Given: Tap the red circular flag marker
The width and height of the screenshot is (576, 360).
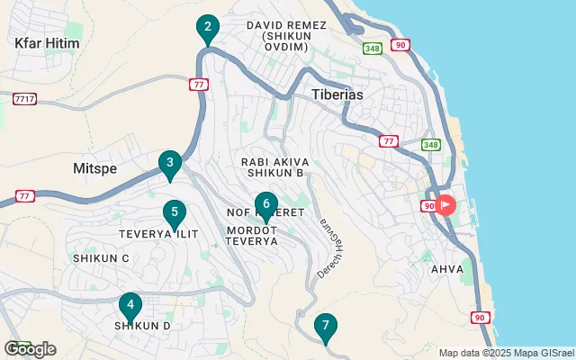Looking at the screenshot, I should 445,204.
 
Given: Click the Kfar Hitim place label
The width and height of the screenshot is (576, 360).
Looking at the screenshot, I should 47,42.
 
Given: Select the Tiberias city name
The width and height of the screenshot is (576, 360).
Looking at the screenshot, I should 336,94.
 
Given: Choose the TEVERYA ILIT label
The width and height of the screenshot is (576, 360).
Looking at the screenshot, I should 158,234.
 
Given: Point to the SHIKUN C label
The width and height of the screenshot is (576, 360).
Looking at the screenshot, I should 101,258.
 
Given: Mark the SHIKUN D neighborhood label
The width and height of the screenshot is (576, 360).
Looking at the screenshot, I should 142,326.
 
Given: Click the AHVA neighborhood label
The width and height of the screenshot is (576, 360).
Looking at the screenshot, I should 447,269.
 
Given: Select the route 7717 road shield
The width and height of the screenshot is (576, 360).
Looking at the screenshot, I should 24,97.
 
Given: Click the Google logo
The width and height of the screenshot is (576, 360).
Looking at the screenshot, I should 30,349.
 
